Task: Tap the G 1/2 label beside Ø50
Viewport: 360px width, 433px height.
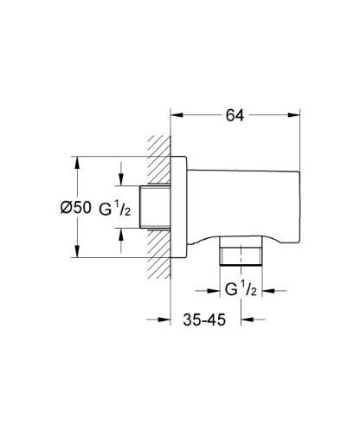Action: pyautogui.click(x=116, y=207)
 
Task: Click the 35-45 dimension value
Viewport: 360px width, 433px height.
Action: pyautogui.click(x=204, y=320)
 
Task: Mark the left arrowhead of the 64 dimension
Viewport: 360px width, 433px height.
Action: pyautogui.click(x=176, y=113)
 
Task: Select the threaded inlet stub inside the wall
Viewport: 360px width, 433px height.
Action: pyautogui.click(x=154, y=207)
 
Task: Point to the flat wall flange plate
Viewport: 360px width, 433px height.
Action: pyautogui.click(x=180, y=207)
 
